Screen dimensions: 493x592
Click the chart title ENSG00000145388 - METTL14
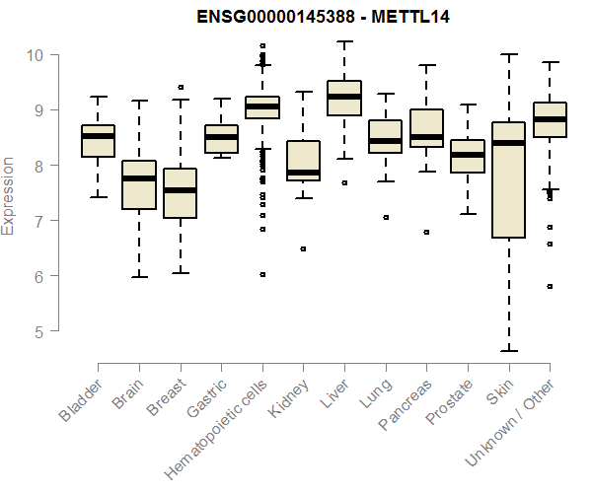[324, 17]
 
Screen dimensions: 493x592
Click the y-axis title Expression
[9, 194]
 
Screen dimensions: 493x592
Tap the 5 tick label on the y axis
[36, 332]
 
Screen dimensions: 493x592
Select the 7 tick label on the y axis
[36, 221]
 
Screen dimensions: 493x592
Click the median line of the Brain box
[138, 178]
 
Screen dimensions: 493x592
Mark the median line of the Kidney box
[303, 173]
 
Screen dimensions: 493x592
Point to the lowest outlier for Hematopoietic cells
[262, 274]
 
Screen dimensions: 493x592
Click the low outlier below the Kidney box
[303, 249]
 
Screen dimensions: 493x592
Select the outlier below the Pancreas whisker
[426, 233]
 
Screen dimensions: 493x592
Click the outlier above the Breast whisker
[180, 88]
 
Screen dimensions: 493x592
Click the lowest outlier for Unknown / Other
[550, 287]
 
